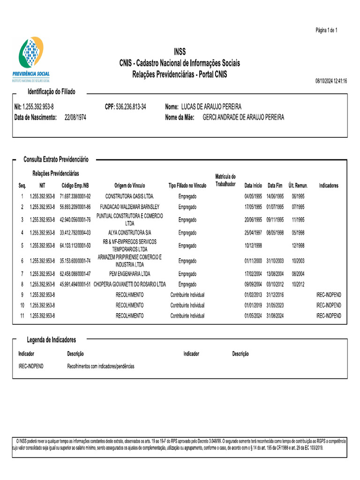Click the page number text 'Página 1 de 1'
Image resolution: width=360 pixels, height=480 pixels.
click(x=326, y=30)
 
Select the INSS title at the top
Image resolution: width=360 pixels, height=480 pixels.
click(x=180, y=52)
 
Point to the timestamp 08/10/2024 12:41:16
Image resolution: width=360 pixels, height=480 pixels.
click(x=331, y=81)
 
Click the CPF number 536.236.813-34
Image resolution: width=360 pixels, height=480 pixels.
click(x=131, y=107)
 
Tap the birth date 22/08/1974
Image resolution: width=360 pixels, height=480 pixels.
click(x=75, y=117)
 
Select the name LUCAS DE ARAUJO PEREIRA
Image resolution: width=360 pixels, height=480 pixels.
click(x=211, y=107)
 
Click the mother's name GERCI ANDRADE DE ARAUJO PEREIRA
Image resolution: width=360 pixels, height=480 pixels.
click(x=243, y=117)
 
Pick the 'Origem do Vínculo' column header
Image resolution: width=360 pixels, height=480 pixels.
click(x=129, y=186)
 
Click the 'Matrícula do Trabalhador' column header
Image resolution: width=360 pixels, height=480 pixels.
click(x=225, y=180)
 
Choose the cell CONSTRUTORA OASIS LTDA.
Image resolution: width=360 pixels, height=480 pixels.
click(x=129, y=196)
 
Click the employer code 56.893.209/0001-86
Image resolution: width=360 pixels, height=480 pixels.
click(x=75, y=207)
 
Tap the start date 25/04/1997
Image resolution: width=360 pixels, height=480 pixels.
click(x=253, y=232)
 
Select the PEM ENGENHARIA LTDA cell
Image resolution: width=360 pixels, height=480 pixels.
click(x=129, y=274)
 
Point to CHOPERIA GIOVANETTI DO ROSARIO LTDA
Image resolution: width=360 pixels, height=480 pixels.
click(x=129, y=285)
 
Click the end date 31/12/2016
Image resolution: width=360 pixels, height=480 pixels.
click(x=275, y=295)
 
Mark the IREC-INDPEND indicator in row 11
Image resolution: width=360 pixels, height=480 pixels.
click(x=329, y=316)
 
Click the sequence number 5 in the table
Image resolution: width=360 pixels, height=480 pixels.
click(x=22, y=245)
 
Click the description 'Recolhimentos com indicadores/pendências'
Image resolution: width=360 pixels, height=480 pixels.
click(x=101, y=366)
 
